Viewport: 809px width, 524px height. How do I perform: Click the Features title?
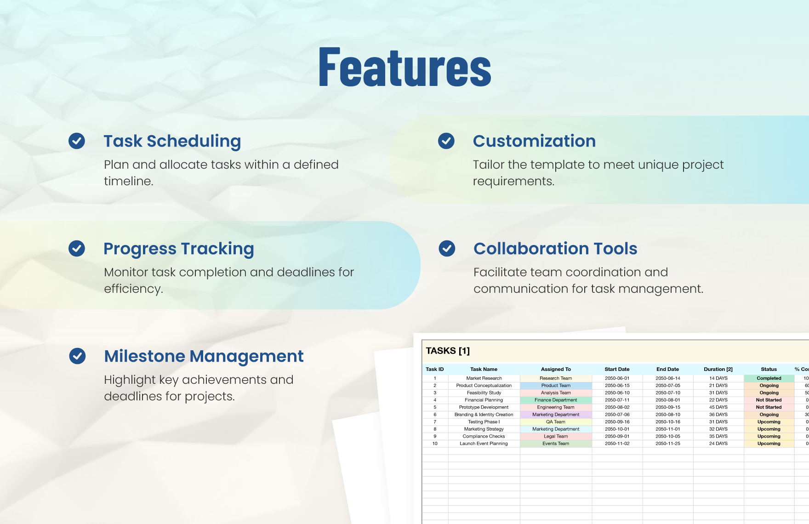[x=405, y=67]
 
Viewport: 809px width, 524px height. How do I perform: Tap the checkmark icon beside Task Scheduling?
[x=77, y=141]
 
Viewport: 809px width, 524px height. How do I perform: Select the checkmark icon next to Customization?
[x=446, y=141]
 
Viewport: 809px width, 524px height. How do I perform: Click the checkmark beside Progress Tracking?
[x=77, y=249]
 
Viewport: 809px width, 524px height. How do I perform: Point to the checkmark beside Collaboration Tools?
[x=447, y=249]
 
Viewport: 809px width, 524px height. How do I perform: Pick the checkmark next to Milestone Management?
[x=77, y=356]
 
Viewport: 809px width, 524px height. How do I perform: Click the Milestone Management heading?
[x=204, y=356]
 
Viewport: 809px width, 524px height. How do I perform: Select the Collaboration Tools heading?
[x=555, y=249]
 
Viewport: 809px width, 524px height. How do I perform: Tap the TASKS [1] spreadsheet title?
[x=448, y=351]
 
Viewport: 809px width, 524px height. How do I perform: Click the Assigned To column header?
[x=556, y=369]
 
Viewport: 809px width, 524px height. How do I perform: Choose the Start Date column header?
[x=617, y=369]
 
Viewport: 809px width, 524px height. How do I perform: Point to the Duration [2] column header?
[x=718, y=369]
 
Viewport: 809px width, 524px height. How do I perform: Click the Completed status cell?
[x=769, y=378]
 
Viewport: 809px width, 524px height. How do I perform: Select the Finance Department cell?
[x=556, y=400]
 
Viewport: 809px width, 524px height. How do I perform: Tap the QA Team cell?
[x=556, y=421]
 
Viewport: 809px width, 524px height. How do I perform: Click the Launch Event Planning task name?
[x=484, y=444]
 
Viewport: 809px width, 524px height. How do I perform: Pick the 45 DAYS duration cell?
[x=718, y=407]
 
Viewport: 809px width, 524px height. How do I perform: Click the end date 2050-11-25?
[x=667, y=444]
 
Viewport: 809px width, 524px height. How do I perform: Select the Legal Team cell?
[x=556, y=436]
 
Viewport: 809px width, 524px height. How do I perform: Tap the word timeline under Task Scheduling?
[x=128, y=181]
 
